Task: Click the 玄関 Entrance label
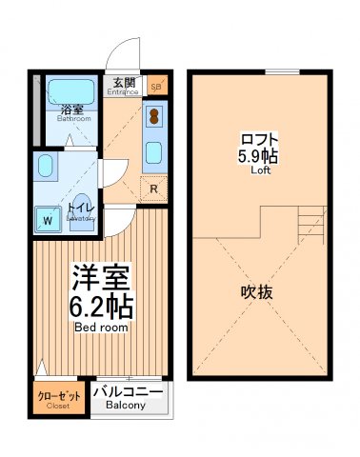pyautogui.click(x=124, y=87)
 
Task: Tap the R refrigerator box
pyautogui.click(x=152, y=188)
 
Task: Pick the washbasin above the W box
pyautogui.click(x=45, y=169)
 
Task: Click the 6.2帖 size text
pyautogui.click(x=100, y=307)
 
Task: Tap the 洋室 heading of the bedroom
pyautogui.click(x=100, y=278)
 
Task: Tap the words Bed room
pyautogui.click(x=100, y=328)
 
